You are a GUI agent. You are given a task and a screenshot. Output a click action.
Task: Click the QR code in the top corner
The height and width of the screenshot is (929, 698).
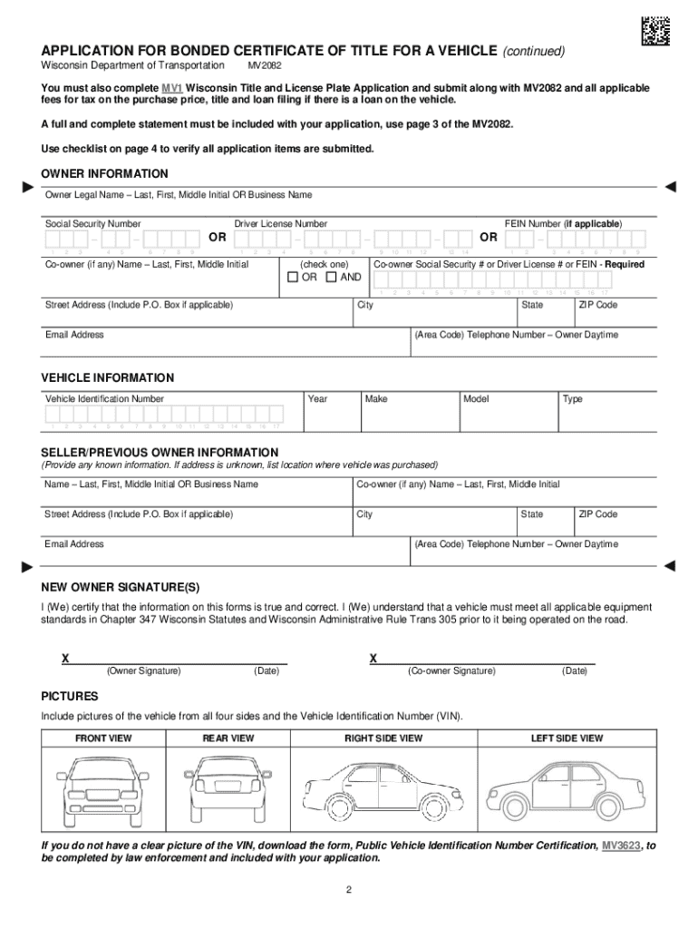[654, 32]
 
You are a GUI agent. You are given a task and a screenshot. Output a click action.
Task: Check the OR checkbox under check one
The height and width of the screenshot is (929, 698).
[291, 278]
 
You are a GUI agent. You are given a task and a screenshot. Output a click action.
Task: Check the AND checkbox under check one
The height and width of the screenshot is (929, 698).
[331, 278]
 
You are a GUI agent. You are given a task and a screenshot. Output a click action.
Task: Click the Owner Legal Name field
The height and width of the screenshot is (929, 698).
[349, 206]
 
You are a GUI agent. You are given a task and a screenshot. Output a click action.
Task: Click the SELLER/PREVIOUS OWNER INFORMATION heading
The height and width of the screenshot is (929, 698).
[160, 452]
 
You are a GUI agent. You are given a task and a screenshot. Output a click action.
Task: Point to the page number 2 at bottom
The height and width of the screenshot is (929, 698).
[348, 889]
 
